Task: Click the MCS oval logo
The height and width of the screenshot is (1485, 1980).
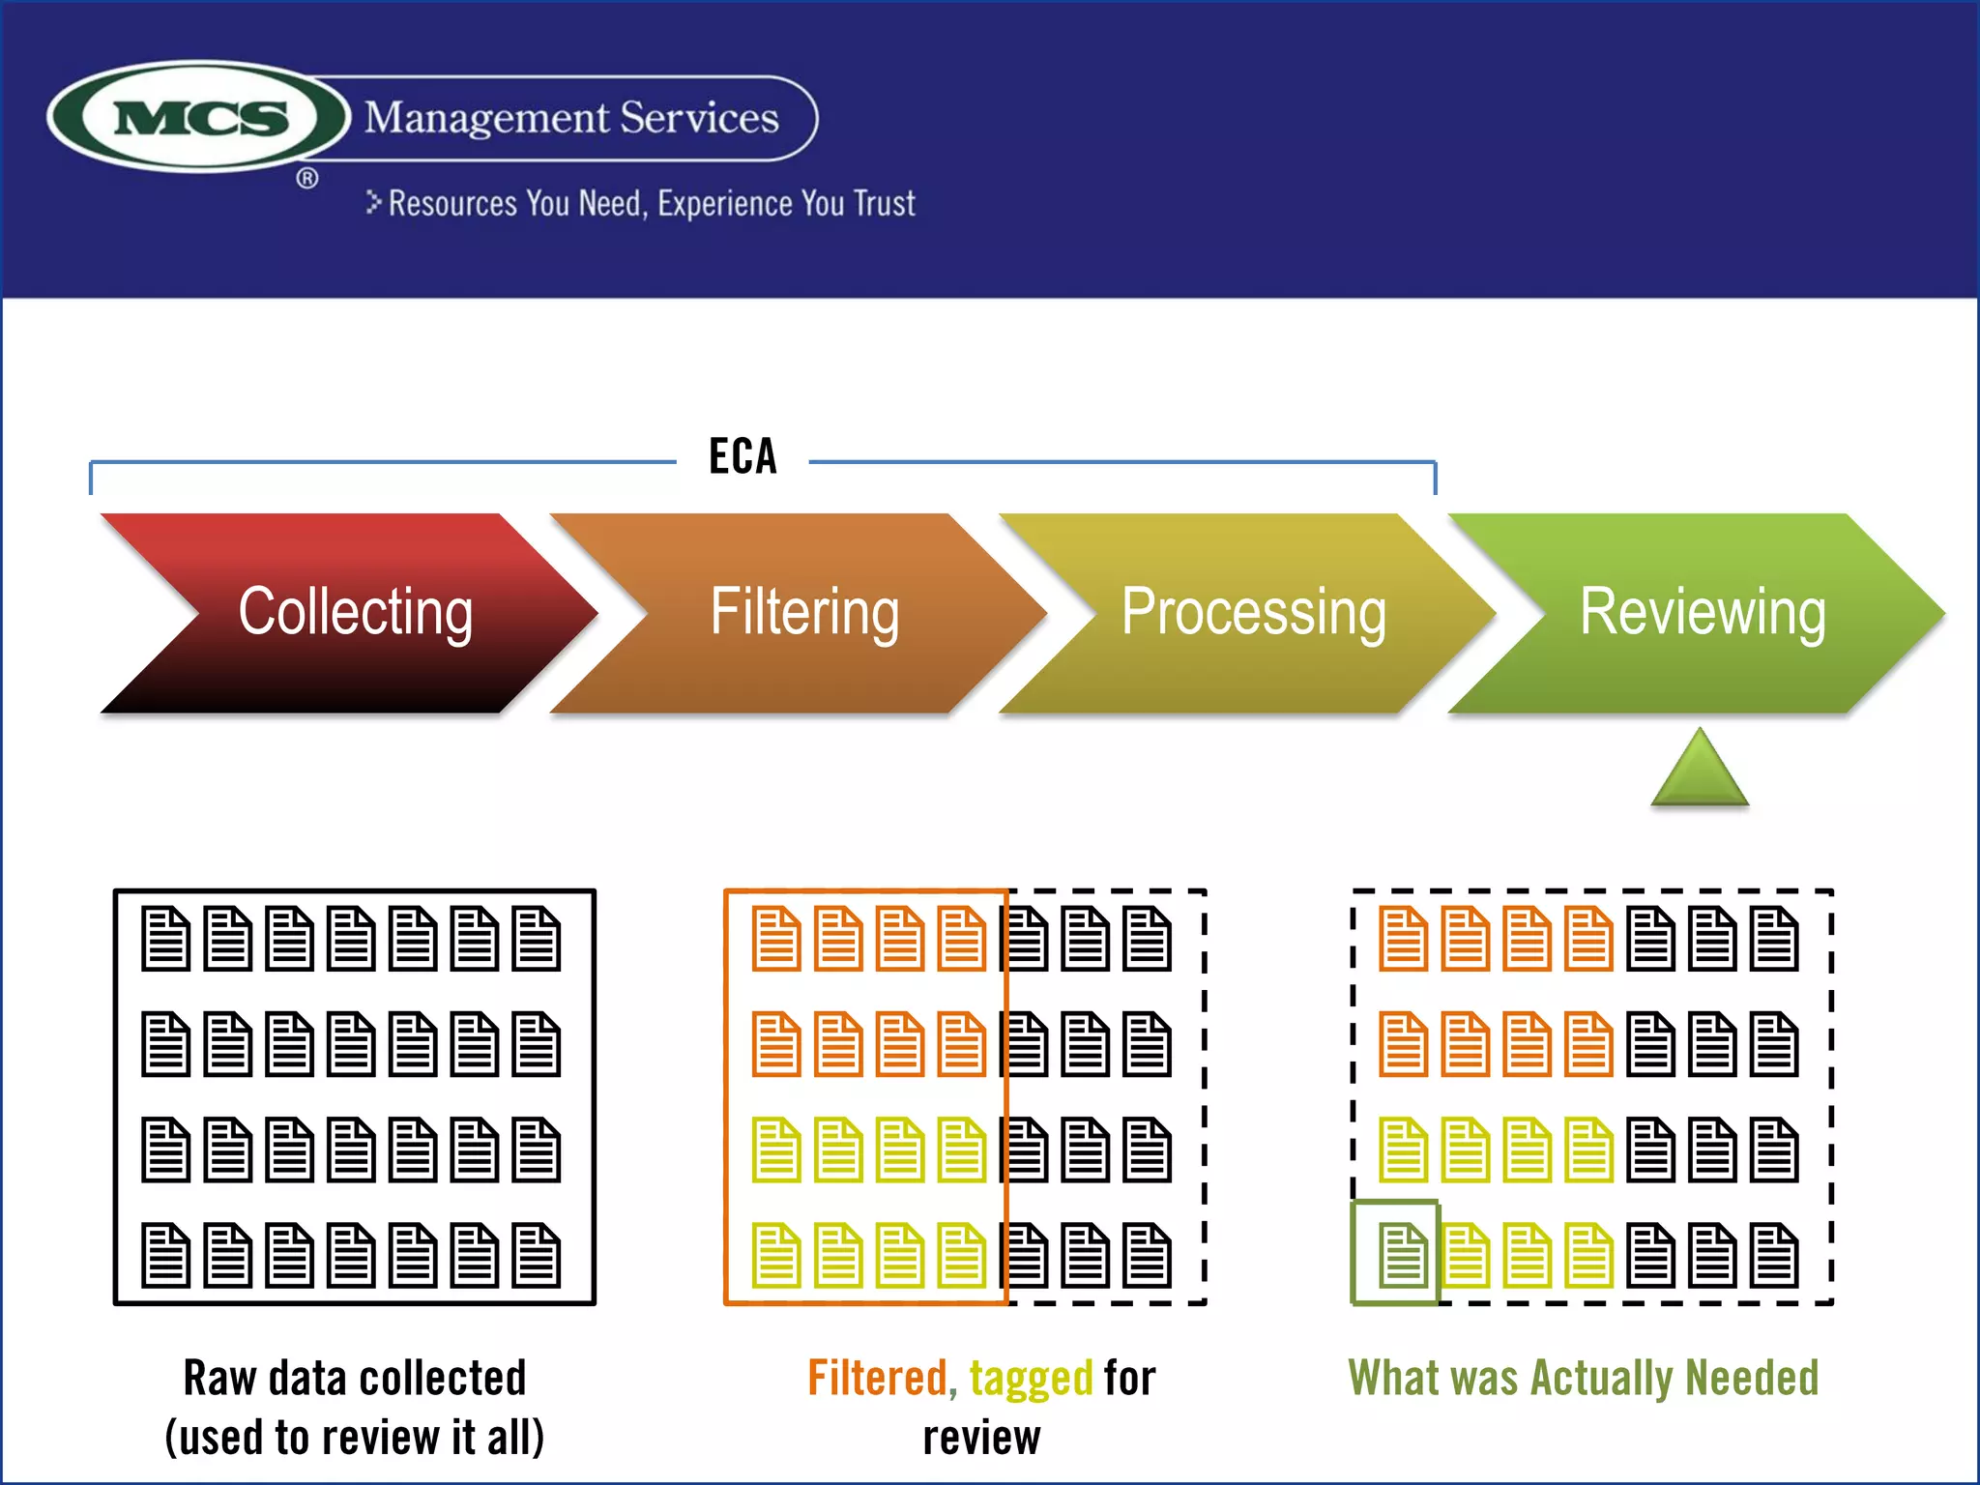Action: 199,117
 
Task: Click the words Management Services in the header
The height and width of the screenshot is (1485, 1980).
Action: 571,118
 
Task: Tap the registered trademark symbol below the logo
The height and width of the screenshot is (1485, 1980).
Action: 306,179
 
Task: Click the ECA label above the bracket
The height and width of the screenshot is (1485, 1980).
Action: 742,456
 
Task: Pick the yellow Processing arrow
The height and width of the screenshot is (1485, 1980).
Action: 1253,613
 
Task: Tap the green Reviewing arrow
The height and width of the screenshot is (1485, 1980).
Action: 1702,613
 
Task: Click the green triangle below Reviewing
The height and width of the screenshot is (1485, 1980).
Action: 1700,771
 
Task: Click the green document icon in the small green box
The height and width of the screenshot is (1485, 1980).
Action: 1403,1255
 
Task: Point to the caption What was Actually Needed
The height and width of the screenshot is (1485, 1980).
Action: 1583,1378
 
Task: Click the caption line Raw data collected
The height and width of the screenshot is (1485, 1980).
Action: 355,1378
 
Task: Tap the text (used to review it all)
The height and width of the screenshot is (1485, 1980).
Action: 355,1438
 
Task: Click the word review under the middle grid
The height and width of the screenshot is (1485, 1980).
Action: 981,1438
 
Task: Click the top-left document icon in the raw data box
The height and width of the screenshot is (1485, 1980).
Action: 165,938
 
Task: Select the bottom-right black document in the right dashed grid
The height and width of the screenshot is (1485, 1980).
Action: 1774,1255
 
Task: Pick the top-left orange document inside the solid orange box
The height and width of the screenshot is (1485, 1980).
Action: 776,938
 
